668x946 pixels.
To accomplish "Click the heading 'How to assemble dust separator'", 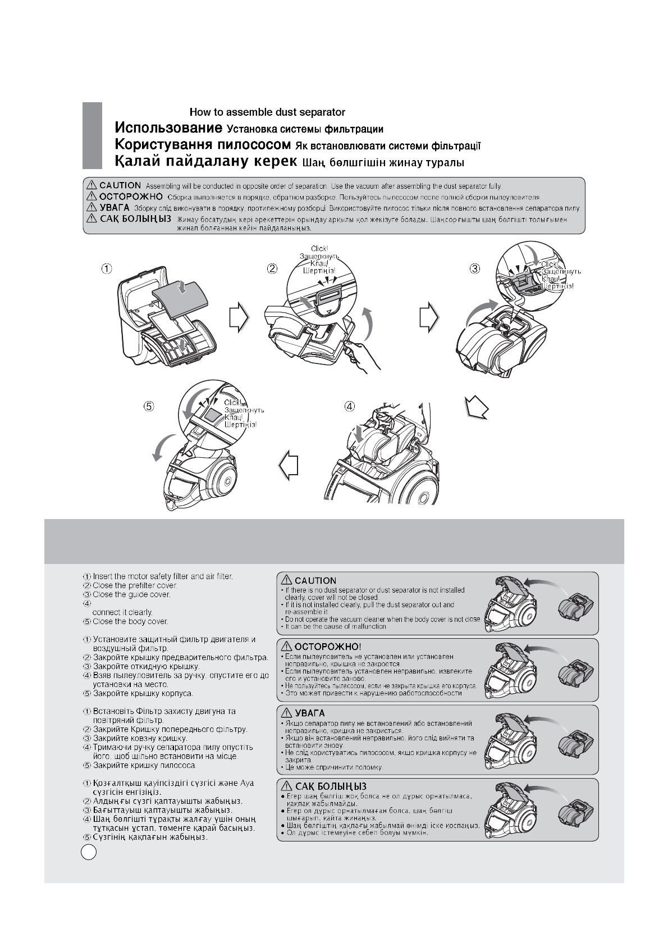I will pyautogui.click(x=267, y=112).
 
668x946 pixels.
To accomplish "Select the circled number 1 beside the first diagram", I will pyautogui.click(x=106, y=269).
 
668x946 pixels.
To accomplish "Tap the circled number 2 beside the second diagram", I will pyautogui.click(x=272, y=269).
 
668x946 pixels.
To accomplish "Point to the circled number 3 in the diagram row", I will pyautogui.click(x=475, y=269).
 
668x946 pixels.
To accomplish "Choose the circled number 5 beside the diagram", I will pyautogui.click(x=149, y=406).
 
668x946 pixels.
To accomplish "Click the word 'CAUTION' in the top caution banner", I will pyautogui.click(x=120, y=185).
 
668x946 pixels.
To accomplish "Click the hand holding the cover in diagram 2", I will pyautogui.click(x=359, y=357).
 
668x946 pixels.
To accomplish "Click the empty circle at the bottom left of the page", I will pyautogui.click(x=89, y=852).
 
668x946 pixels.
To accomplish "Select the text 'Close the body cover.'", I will pyautogui.click(x=130, y=621).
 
